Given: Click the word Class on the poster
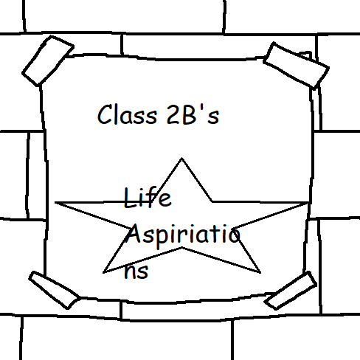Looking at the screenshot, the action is click(x=127, y=114).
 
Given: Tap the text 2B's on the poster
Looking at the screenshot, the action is click(x=193, y=114).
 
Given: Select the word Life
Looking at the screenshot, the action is click(x=148, y=198).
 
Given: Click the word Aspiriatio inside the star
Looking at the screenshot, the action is click(x=183, y=235).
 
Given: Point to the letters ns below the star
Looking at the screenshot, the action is click(x=136, y=271).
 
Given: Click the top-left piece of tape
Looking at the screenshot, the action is click(x=48, y=60).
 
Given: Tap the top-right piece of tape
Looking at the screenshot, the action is click(x=297, y=65).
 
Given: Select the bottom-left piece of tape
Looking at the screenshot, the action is click(x=54, y=290).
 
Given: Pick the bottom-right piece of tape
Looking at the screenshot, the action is click(x=291, y=291).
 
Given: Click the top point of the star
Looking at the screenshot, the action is click(x=181, y=158).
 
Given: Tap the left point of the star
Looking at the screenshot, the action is click(x=55, y=203).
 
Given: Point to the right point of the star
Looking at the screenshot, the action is click(x=308, y=203).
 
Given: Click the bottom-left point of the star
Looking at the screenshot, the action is click(x=103, y=272).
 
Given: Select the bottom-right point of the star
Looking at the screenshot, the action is click(x=260, y=272).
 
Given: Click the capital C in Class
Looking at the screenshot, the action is click(x=105, y=114).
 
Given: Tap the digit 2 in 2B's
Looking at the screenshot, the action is click(x=173, y=114).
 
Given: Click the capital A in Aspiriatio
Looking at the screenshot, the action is click(x=135, y=234).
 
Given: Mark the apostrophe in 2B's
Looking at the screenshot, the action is click(x=202, y=108).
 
